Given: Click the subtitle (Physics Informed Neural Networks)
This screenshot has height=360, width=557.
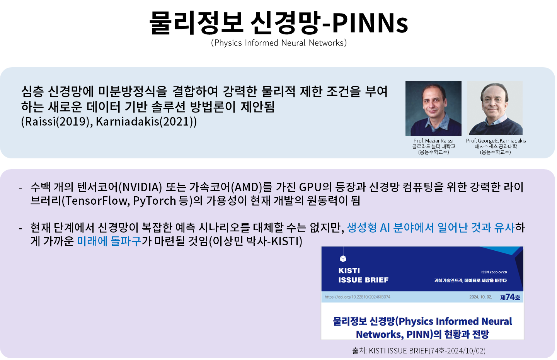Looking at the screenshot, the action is point(279,43).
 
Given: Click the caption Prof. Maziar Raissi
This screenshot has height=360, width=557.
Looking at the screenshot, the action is point(433,141).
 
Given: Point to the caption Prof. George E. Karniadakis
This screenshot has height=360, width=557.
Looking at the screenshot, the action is point(496,141).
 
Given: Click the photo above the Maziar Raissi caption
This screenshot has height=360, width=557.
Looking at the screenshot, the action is point(433,108).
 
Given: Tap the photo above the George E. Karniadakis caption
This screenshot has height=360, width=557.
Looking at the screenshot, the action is point(495,108).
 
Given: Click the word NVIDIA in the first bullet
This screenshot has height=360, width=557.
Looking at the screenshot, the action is point(140,187).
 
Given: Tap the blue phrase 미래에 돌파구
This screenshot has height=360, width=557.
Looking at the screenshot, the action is point(109,241).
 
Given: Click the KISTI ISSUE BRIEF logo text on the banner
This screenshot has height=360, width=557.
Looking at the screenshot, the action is point(363,275).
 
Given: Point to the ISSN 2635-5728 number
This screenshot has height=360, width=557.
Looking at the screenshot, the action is point(494,272).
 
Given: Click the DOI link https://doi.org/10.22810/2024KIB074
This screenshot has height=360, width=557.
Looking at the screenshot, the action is point(357,297).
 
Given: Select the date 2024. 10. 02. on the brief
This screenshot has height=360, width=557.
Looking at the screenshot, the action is point(480,297).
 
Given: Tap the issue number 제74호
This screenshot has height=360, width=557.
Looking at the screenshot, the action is point(510,297).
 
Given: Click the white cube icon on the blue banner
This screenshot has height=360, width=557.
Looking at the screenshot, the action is point(343,259).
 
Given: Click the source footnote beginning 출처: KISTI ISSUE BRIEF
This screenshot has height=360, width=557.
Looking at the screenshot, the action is point(419,351).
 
